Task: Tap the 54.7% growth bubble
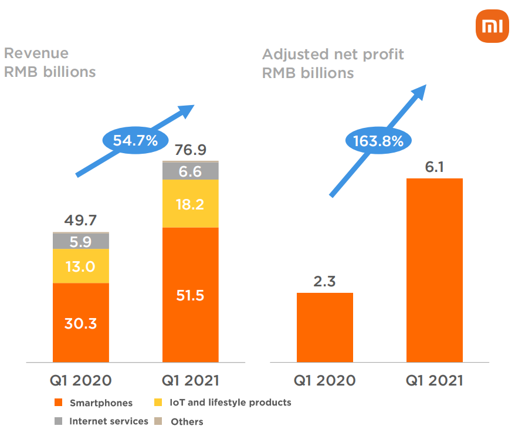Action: (x=130, y=140)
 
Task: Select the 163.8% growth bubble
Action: (x=378, y=141)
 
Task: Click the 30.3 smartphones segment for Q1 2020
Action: (x=81, y=323)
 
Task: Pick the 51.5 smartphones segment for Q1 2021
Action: (x=190, y=295)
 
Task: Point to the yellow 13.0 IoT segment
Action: (x=81, y=266)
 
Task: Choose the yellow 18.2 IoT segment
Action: (x=190, y=204)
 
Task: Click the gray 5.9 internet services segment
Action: (x=81, y=241)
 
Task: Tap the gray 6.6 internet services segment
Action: (x=190, y=171)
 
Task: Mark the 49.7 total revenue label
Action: (x=80, y=221)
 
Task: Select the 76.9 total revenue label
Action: (x=190, y=150)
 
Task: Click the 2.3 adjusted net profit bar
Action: (x=324, y=327)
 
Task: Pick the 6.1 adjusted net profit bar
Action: (x=434, y=270)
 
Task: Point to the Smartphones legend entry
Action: (x=94, y=403)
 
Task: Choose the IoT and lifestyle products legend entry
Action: (x=223, y=403)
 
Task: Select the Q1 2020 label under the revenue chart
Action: (x=80, y=380)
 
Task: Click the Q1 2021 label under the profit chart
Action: (x=434, y=380)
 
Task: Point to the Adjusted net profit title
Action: (x=333, y=55)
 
